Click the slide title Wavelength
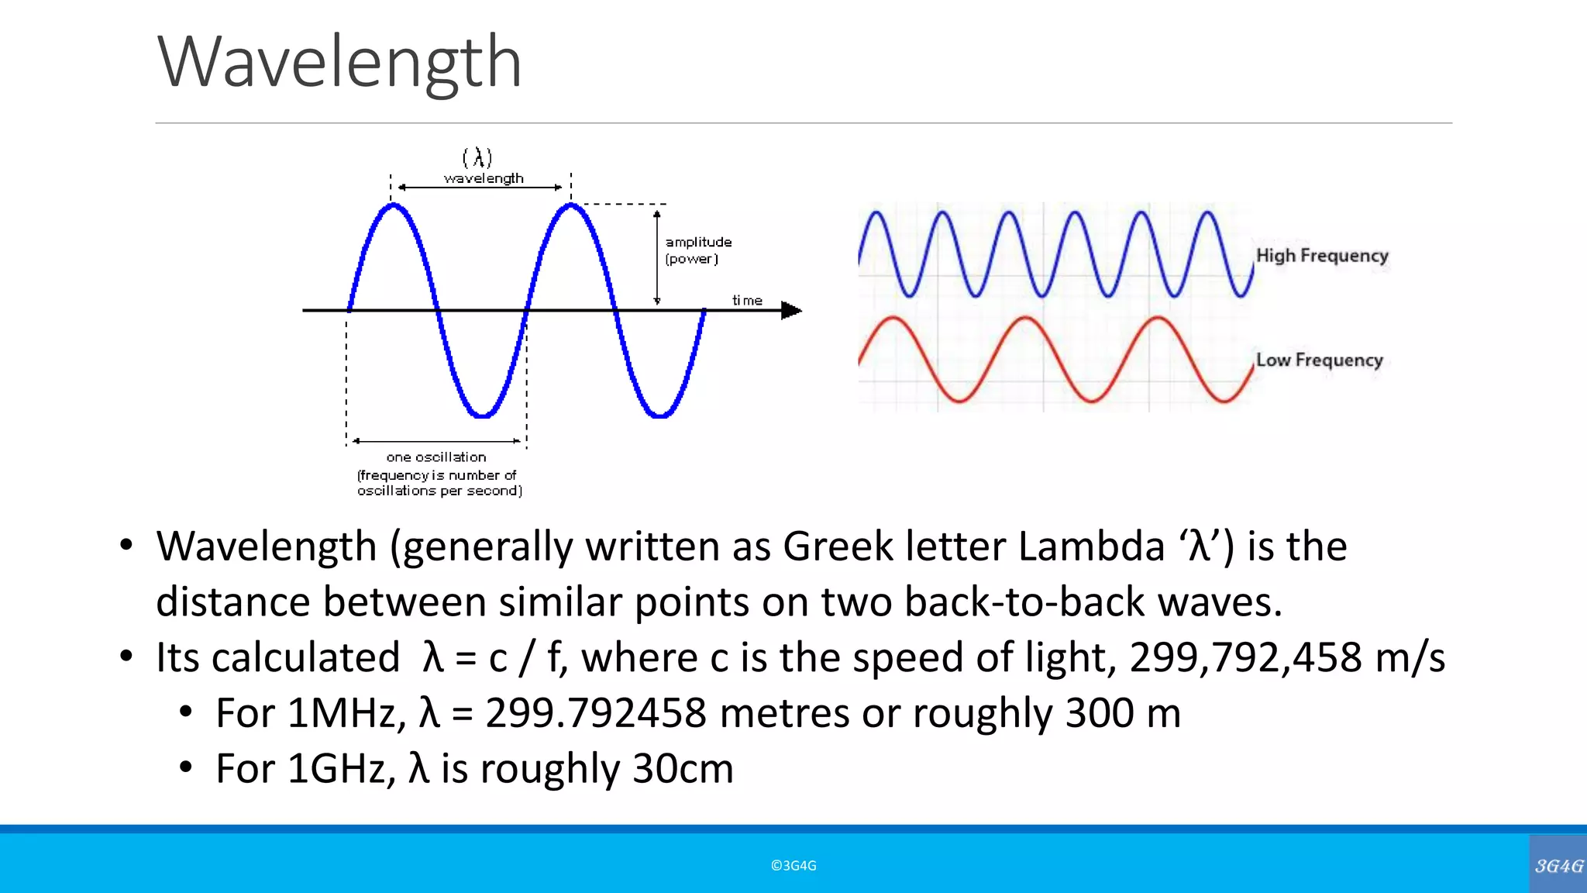pyautogui.click(x=339, y=62)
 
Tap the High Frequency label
pyautogui.click(x=1321, y=256)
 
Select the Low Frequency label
pyautogui.click(x=1319, y=360)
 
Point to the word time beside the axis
pyautogui.click(x=747, y=301)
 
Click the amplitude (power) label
pyautogui.click(x=697, y=250)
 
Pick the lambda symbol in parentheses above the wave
pyautogui.click(x=478, y=158)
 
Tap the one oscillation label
pyautogui.click(x=436, y=457)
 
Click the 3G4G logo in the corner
pyautogui.click(x=1558, y=866)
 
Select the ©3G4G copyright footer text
pyautogui.click(x=793, y=866)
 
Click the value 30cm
pyautogui.click(x=683, y=769)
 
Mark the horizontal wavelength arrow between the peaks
pyautogui.click(x=480, y=188)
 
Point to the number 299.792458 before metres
pyautogui.click(x=596, y=713)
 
